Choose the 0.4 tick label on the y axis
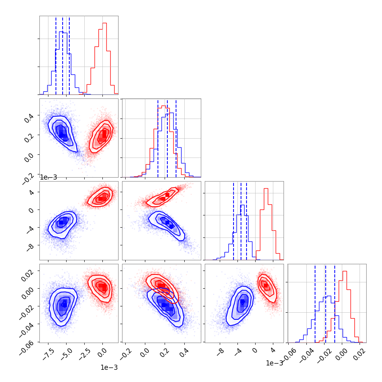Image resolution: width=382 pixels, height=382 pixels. coord(29,118)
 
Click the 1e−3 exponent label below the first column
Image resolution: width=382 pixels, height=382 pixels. coord(109,367)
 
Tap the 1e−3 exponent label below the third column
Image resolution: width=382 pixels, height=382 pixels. coord(274,363)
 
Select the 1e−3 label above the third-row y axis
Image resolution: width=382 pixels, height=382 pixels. coord(48,177)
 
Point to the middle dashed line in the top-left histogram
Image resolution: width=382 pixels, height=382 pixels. coord(63,55)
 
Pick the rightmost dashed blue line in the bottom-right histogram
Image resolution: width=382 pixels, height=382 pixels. coord(335,303)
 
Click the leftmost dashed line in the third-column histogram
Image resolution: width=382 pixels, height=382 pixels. coord(234,221)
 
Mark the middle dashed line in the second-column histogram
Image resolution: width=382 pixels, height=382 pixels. coord(167,138)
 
